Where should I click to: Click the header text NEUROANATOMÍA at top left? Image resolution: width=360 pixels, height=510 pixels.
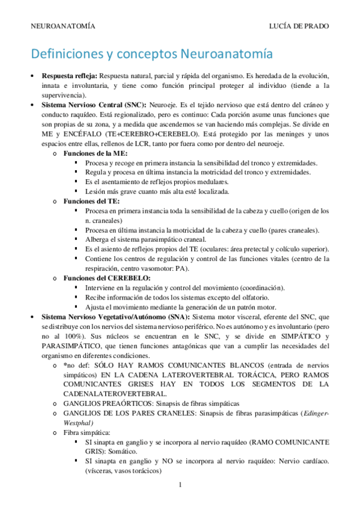62,27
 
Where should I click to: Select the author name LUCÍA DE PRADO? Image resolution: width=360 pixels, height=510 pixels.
300,27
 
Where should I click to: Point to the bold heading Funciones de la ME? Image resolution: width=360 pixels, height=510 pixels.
93,153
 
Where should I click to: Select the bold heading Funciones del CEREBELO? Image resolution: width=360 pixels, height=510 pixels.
102,278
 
